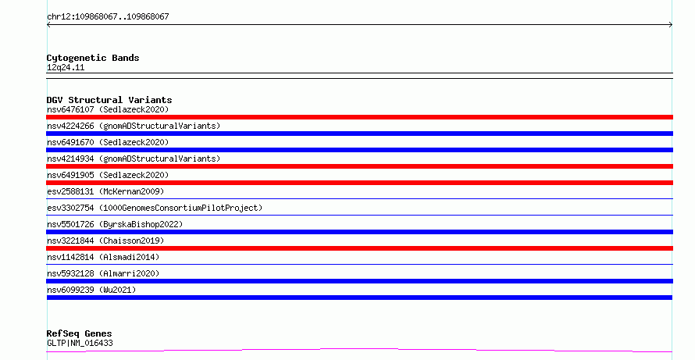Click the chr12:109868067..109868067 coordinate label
coord(108,17)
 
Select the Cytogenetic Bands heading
coord(93,58)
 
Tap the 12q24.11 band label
coord(66,67)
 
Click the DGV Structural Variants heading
coord(109,100)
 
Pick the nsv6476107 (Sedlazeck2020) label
coord(108,109)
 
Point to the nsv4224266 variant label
coord(134,126)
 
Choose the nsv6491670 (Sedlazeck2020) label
coord(108,142)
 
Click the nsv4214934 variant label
coord(134,159)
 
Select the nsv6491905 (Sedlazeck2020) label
coord(108,175)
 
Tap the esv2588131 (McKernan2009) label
coord(105,191)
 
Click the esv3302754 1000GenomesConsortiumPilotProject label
coord(155,208)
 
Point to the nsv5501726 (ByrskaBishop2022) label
coord(115,224)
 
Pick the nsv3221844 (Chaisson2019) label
coord(105,241)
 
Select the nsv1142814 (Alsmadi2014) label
coord(103,257)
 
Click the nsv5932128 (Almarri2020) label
coord(103,273)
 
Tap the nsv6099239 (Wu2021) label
coord(91,290)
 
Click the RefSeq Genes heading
coord(80,333)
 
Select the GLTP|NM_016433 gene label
coord(80,343)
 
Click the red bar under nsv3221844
coord(359,248)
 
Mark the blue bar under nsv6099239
coord(359,298)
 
